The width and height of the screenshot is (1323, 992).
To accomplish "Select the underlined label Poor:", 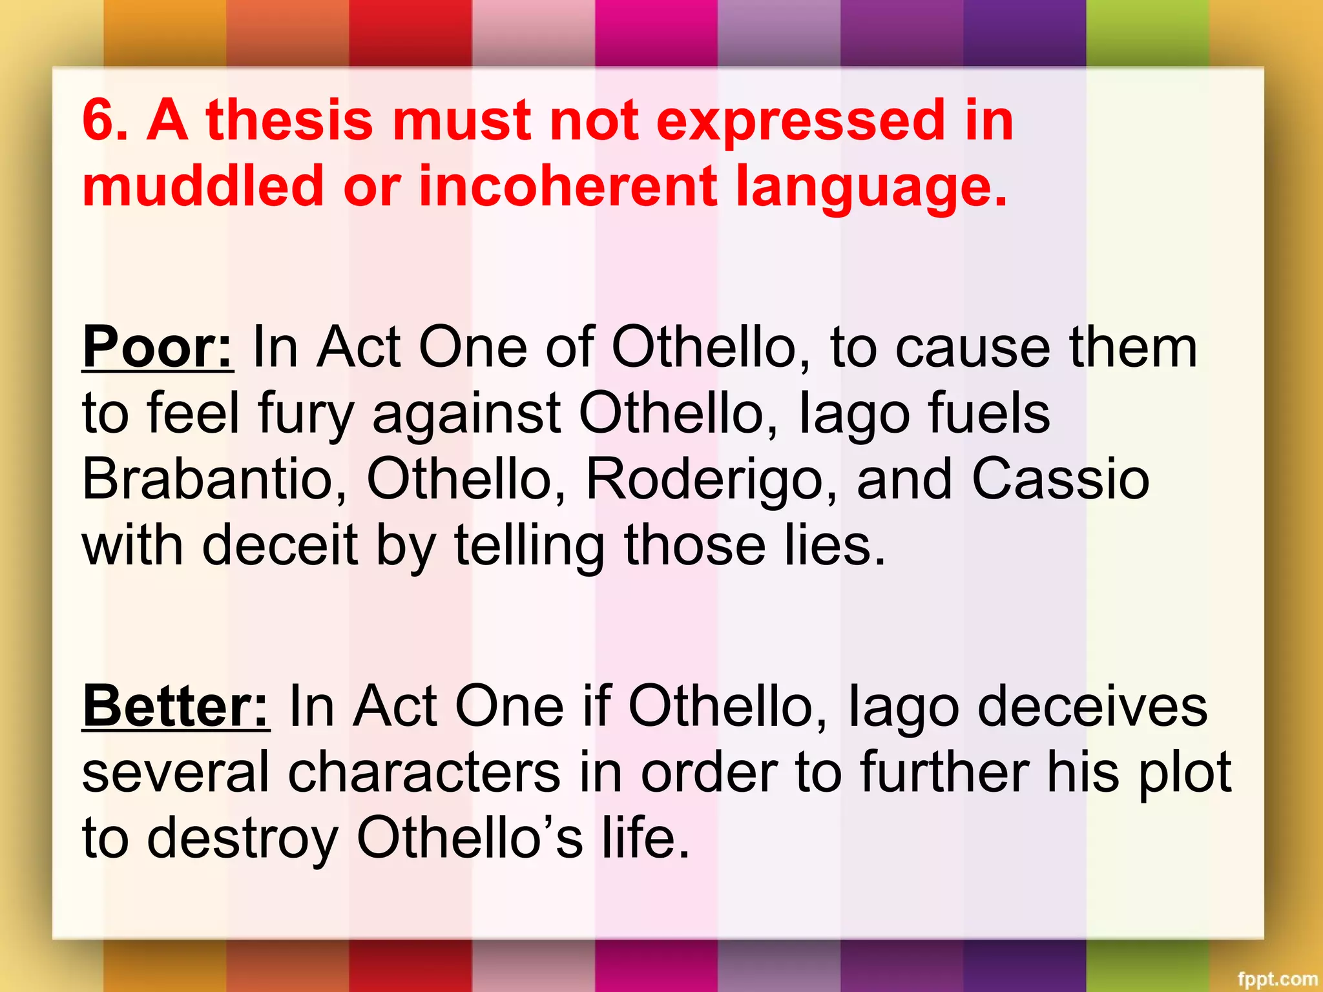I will pyautogui.click(x=158, y=347).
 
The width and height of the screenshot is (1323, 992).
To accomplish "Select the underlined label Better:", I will pyautogui.click(x=176, y=706).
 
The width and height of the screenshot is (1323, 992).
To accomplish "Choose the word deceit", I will pyautogui.click(x=280, y=545).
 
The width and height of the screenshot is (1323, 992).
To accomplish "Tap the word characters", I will pyautogui.click(x=424, y=772).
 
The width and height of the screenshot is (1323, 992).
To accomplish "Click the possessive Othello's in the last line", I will pyautogui.click(x=470, y=838).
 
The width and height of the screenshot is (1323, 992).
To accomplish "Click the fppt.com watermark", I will pyautogui.click(x=1277, y=979).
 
